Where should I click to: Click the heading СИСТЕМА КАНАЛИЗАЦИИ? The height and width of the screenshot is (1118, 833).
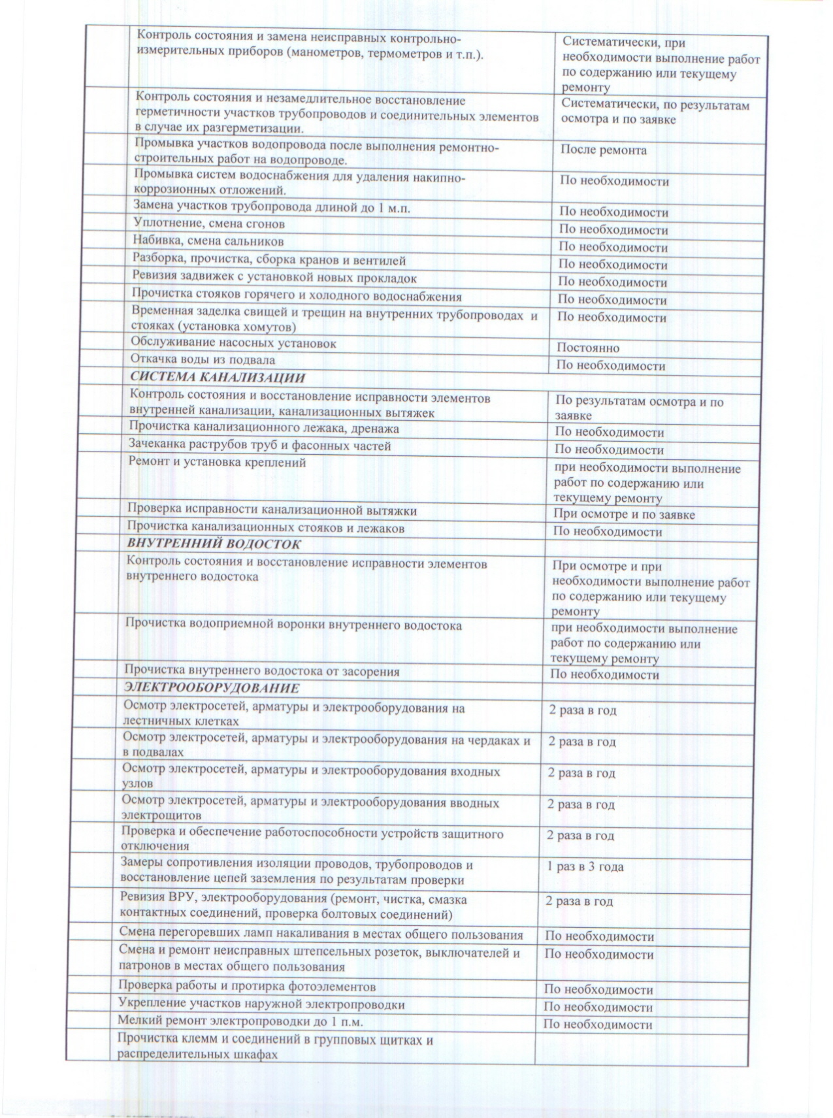point(218,378)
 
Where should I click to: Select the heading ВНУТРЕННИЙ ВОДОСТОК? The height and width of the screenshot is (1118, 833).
point(214,544)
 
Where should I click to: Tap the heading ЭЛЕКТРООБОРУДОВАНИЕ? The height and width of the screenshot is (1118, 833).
point(212,688)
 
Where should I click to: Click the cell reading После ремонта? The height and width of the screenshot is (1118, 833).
point(604,150)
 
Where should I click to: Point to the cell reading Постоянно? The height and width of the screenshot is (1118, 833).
point(588,348)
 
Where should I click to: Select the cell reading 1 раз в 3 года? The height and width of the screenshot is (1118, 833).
point(585,867)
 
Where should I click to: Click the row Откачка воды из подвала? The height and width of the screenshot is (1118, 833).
point(203,360)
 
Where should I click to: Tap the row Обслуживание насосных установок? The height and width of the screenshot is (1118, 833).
point(233,343)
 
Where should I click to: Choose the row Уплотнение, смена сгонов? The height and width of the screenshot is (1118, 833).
point(209,224)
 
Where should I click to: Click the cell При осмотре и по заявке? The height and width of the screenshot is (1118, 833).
point(624,514)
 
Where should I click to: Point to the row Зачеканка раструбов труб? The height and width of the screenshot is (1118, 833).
point(259,446)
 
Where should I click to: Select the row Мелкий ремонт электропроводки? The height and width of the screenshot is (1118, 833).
point(240,1021)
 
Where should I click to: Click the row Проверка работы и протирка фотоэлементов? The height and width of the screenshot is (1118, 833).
point(246,986)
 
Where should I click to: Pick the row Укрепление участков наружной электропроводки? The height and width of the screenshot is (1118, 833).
point(261,1004)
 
